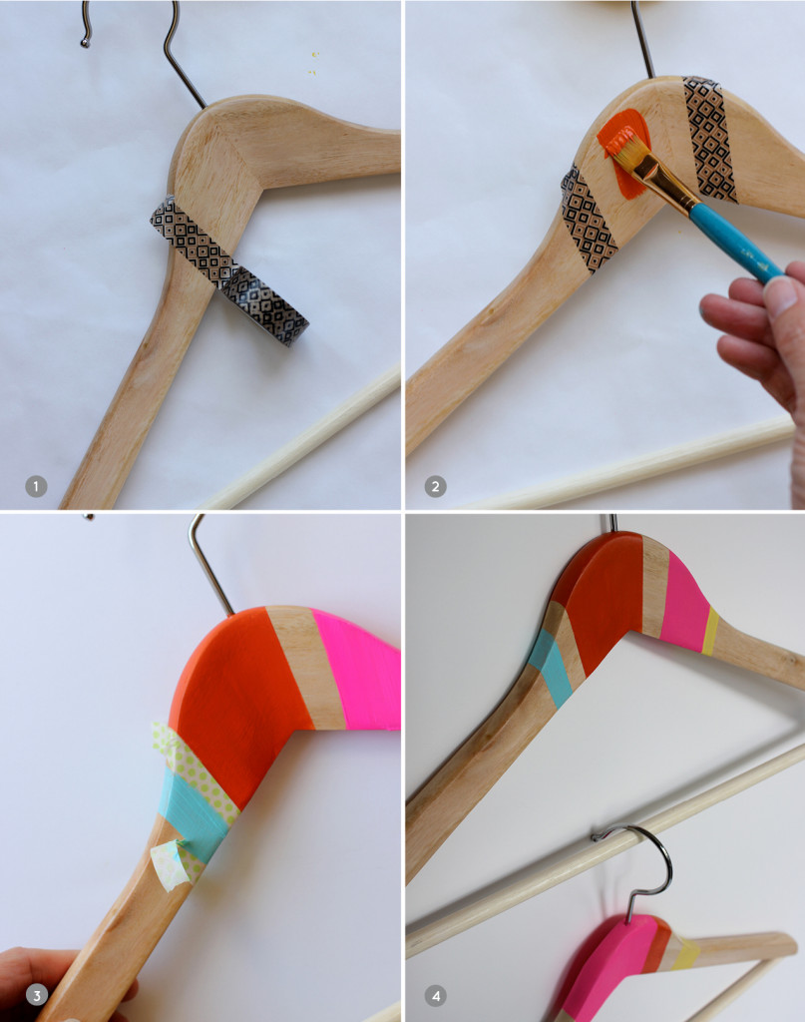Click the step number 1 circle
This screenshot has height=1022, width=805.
pyautogui.click(x=36, y=486)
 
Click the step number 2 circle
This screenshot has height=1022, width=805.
pyautogui.click(x=435, y=486)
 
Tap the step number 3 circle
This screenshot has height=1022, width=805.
pyautogui.click(x=36, y=995)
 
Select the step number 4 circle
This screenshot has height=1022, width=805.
pyautogui.click(x=435, y=995)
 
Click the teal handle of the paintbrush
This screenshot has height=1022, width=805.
pyautogui.click(x=734, y=244)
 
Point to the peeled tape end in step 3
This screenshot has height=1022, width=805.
pyautogui.click(x=170, y=863)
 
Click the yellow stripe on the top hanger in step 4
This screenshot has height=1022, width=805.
pyautogui.click(x=710, y=631)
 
